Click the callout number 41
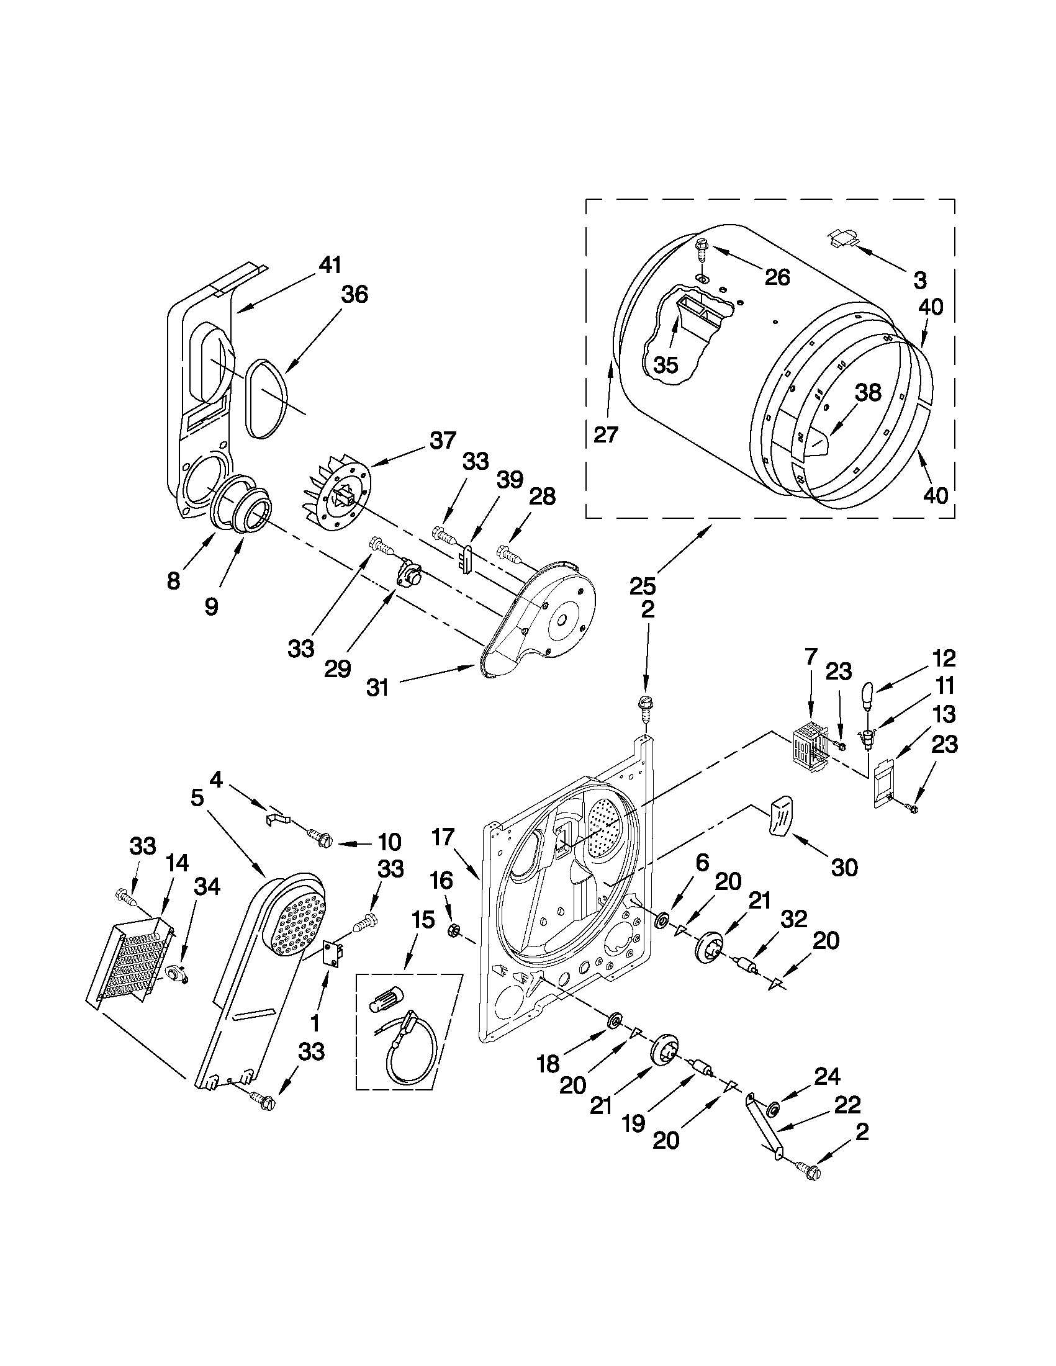tap(330, 265)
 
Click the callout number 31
tap(377, 688)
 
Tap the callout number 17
tap(443, 837)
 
